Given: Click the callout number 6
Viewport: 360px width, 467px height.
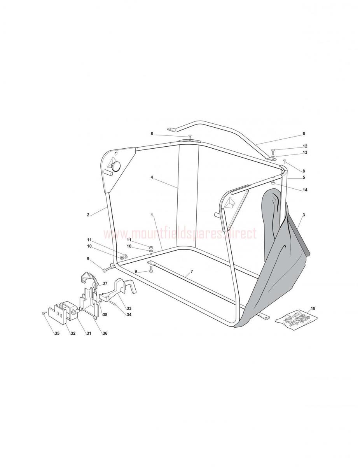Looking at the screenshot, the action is (304, 133).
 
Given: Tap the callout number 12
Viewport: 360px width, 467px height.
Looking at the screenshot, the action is (305, 146).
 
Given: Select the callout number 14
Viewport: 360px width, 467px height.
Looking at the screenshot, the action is (305, 190).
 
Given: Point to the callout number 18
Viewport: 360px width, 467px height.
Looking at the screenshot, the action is (313, 308).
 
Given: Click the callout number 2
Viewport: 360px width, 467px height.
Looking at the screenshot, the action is (88, 215).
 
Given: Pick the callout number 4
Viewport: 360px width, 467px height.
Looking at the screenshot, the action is (152, 177).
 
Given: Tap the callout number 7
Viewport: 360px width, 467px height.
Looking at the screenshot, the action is (192, 271).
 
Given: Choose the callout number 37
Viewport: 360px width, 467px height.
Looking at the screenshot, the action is (105, 283).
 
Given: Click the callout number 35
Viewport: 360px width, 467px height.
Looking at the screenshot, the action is (57, 334).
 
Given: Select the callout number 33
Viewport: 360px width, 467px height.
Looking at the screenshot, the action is (129, 308).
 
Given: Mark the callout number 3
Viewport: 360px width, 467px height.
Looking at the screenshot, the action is (304, 215).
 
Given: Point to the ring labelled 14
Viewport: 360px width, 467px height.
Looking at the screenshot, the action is (273, 183).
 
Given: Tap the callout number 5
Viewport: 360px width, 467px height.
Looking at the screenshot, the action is (304, 177).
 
